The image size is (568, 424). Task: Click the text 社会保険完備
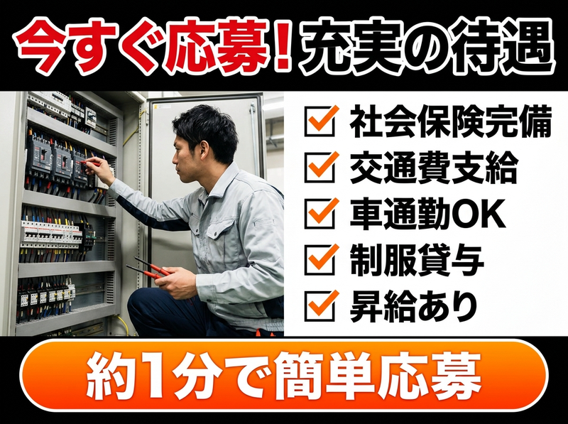point(450,121)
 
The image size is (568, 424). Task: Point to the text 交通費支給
point(434,168)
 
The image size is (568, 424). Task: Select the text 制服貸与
point(417,260)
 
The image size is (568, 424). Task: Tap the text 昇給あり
point(413,307)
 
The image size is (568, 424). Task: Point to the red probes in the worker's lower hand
point(149,268)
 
